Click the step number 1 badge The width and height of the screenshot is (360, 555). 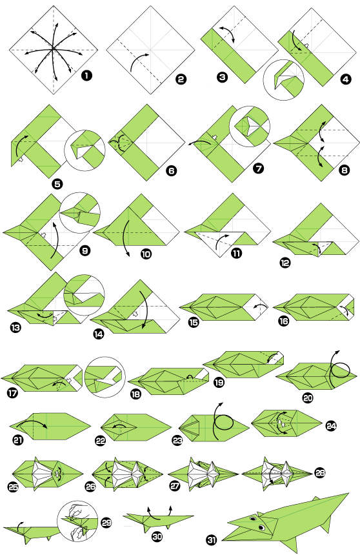(x=86, y=76)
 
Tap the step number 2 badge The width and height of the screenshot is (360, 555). (x=181, y=79)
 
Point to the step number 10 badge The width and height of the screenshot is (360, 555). (x=145, y=254)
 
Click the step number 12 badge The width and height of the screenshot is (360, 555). (x=285, y=263)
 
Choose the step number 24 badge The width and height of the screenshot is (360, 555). (x=331, y=425)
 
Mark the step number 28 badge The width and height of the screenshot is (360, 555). (x=320, y=473)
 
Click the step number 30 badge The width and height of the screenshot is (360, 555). (x=156, y=536)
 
